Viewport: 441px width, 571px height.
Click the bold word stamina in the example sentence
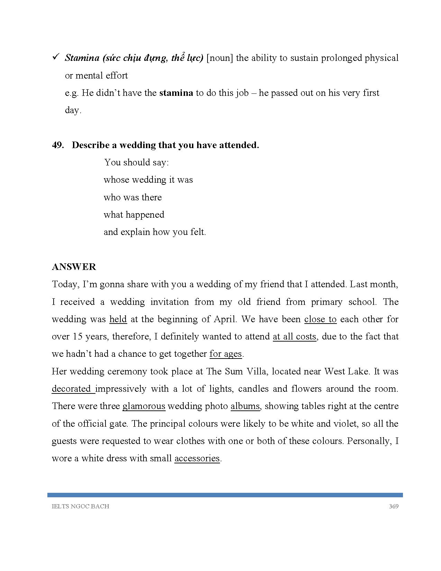point(176,93)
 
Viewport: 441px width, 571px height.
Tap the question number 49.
point(57,145)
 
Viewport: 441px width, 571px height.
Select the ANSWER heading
point(74,267)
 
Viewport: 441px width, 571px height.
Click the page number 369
point(394,506)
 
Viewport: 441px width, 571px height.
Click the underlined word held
point(118,319)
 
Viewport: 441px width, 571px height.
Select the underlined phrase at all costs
point(294,336)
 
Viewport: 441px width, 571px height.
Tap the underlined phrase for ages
point(226,354)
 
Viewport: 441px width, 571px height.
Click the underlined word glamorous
point(144,406)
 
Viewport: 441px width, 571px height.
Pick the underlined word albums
point(245,406)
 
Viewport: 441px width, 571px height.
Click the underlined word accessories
point(197,459)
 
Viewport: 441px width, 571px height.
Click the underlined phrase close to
point(320,319)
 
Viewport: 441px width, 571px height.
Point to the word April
point(225,319)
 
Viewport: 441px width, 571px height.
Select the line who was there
point(133,197)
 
